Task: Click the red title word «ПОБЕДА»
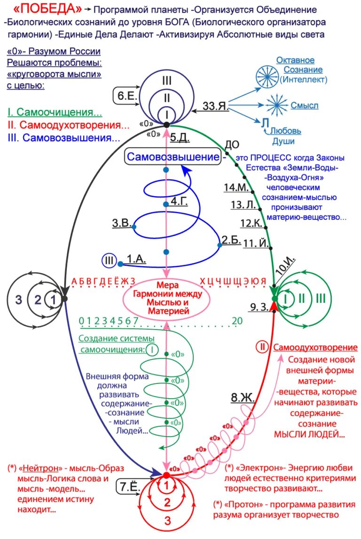coord(47,9)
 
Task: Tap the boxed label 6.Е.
coord(126,95)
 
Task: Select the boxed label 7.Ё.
coord(128,487)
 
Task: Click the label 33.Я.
coord(216,106)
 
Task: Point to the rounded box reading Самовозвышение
coord(173,157)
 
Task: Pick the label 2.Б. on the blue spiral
coord(231,239)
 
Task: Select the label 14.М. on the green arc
coord(235,187)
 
